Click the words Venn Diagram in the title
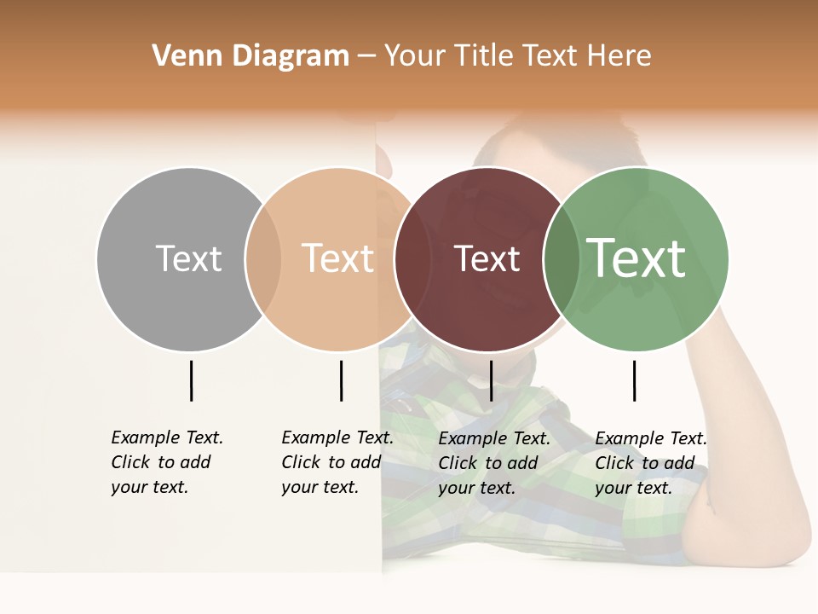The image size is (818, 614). click(x=251, y=56)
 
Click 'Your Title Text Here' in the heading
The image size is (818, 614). click(x=517, y=56)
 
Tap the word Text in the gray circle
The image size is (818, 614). click(x=188, y=258)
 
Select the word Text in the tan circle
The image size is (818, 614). click(x=338, y=258)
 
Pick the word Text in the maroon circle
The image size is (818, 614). click(x=487, y=259)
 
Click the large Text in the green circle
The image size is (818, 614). click(x=637, y=258)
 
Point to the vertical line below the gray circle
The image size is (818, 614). click(x=191, y=380)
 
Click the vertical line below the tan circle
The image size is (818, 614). click(x=341, y=380)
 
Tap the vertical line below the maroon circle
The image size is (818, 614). click(x=491, y=380)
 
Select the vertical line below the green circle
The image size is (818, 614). click(x=634, y=380)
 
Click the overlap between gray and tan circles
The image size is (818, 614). click(x=263, y=259)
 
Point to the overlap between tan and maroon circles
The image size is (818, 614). click(x=412, y=259)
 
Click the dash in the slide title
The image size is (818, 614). click(x=366, y=57)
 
